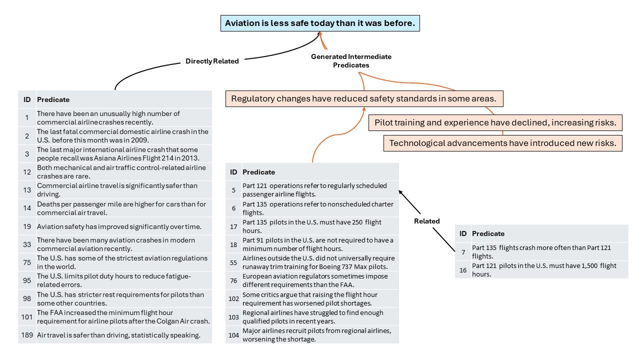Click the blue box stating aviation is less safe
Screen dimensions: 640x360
(320, 23)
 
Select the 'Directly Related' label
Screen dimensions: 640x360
(212, 61)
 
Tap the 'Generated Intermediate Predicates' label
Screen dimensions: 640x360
(351, 61)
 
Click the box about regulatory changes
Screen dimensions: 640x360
(364, 99)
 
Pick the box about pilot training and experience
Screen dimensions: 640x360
(495, 122)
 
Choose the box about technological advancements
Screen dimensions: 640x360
(502, 143)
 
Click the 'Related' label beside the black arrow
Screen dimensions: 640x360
(427, 221)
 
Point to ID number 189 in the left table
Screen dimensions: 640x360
(27, 335)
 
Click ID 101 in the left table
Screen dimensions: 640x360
(27, 317)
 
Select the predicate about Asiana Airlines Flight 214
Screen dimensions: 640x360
(118, 154)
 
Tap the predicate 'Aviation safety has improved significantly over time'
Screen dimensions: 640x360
(119, 226)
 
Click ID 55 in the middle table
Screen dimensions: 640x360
(233, 262)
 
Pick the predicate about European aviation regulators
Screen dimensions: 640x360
(315, 280)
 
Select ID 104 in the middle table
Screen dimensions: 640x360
(233, 335)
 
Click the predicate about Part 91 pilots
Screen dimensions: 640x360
(317, 244)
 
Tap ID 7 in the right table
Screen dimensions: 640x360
(463, 252)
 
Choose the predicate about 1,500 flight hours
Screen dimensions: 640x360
(544, 270)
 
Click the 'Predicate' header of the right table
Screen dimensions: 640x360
(488, 233)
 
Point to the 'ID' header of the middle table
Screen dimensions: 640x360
(233, 172)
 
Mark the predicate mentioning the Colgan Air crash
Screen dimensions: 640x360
(123, 317)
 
